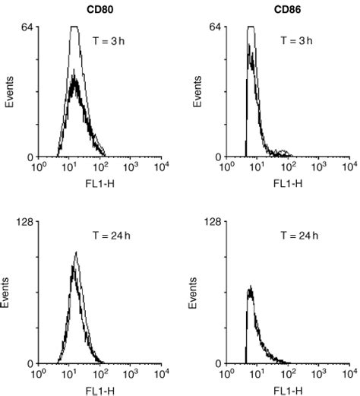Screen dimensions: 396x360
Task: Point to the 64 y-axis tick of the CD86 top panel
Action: pyautogui.click(x=214, y=27)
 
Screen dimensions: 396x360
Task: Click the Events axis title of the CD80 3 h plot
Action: pyautogui.click(x=10, y=91)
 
